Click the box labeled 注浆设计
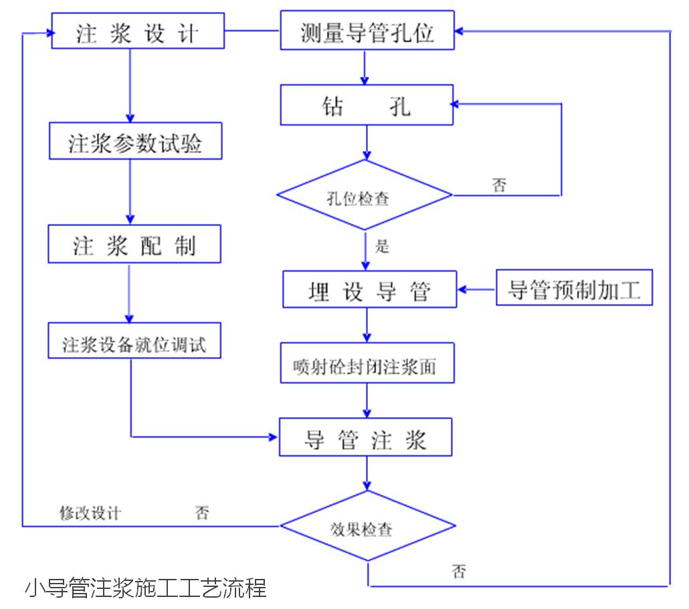click(x=138, y=31)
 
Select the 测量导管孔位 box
click(x=367, y=31)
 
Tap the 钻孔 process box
click(x=367, y=106)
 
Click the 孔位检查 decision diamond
click(x=365, y=195)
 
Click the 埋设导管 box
click(x=369, y=289)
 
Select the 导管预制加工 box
click(x=574, y=287)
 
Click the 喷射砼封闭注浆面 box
click(x=367, y=364)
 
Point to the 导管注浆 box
click(x=365, y=438)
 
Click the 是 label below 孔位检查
click(x=383, y=246)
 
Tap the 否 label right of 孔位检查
click(x=499, y=185)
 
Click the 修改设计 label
click(x=90, y=513)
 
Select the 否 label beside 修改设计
click(x=202, y=513)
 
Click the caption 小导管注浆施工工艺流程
click(x=146, y=588)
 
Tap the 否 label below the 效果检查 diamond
click(x=459, y=572)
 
